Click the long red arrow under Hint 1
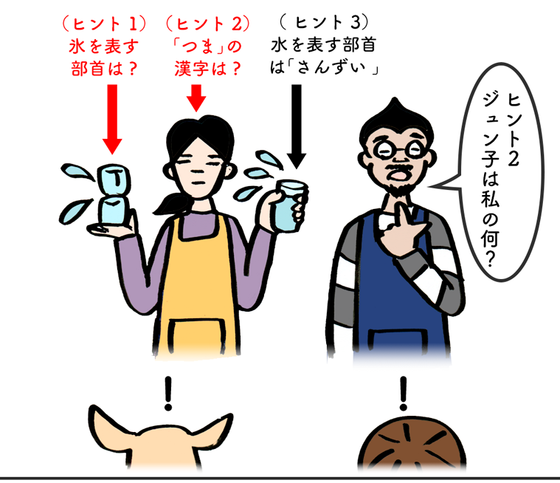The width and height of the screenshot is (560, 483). pyautogui.click(x=112, y=119)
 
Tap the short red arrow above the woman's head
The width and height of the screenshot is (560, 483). pyautogui.click(x=196, y=97)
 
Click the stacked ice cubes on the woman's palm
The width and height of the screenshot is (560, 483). pyautogui.click(x=114, y=194)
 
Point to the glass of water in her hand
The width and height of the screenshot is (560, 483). pyautogui.click(x=291, y=206)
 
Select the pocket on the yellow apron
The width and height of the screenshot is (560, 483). pyautogui.click(x=196, y=337)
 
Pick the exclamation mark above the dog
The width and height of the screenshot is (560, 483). pyautogui.click(x=168, y=394)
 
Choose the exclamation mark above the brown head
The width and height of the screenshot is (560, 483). pyautogui.click(x=404, y=394)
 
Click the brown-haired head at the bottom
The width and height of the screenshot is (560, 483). pyautogui.click(x=412, y=442)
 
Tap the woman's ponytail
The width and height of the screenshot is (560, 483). pyautogui.click(x=170, y=203)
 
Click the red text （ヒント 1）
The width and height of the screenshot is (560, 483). pyautogui.click(x=104, y=24)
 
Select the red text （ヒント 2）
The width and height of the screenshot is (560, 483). pyautogui.click(x=208, y=24)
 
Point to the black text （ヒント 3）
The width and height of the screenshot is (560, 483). pyautogui.click(x=323, y=22)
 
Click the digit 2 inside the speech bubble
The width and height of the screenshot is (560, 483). pyautogui.click(x=513, y=158)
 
